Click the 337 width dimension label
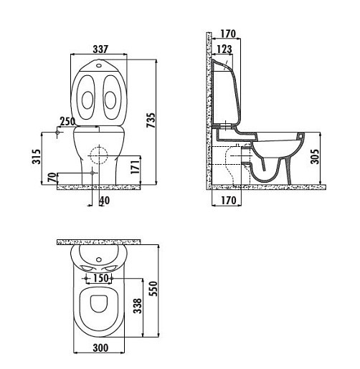(x=100, y=49)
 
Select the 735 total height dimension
(x=151, y=120)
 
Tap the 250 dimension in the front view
(x=67, y=121)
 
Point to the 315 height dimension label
(x=37, y=157)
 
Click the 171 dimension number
(x=135, y=167)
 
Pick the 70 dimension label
(x=52, y=178)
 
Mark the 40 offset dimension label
(x=105, y=201)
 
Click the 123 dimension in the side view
(x=224, y=49)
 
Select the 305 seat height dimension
(x=315, y=157)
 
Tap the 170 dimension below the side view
(x=228, y=200)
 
